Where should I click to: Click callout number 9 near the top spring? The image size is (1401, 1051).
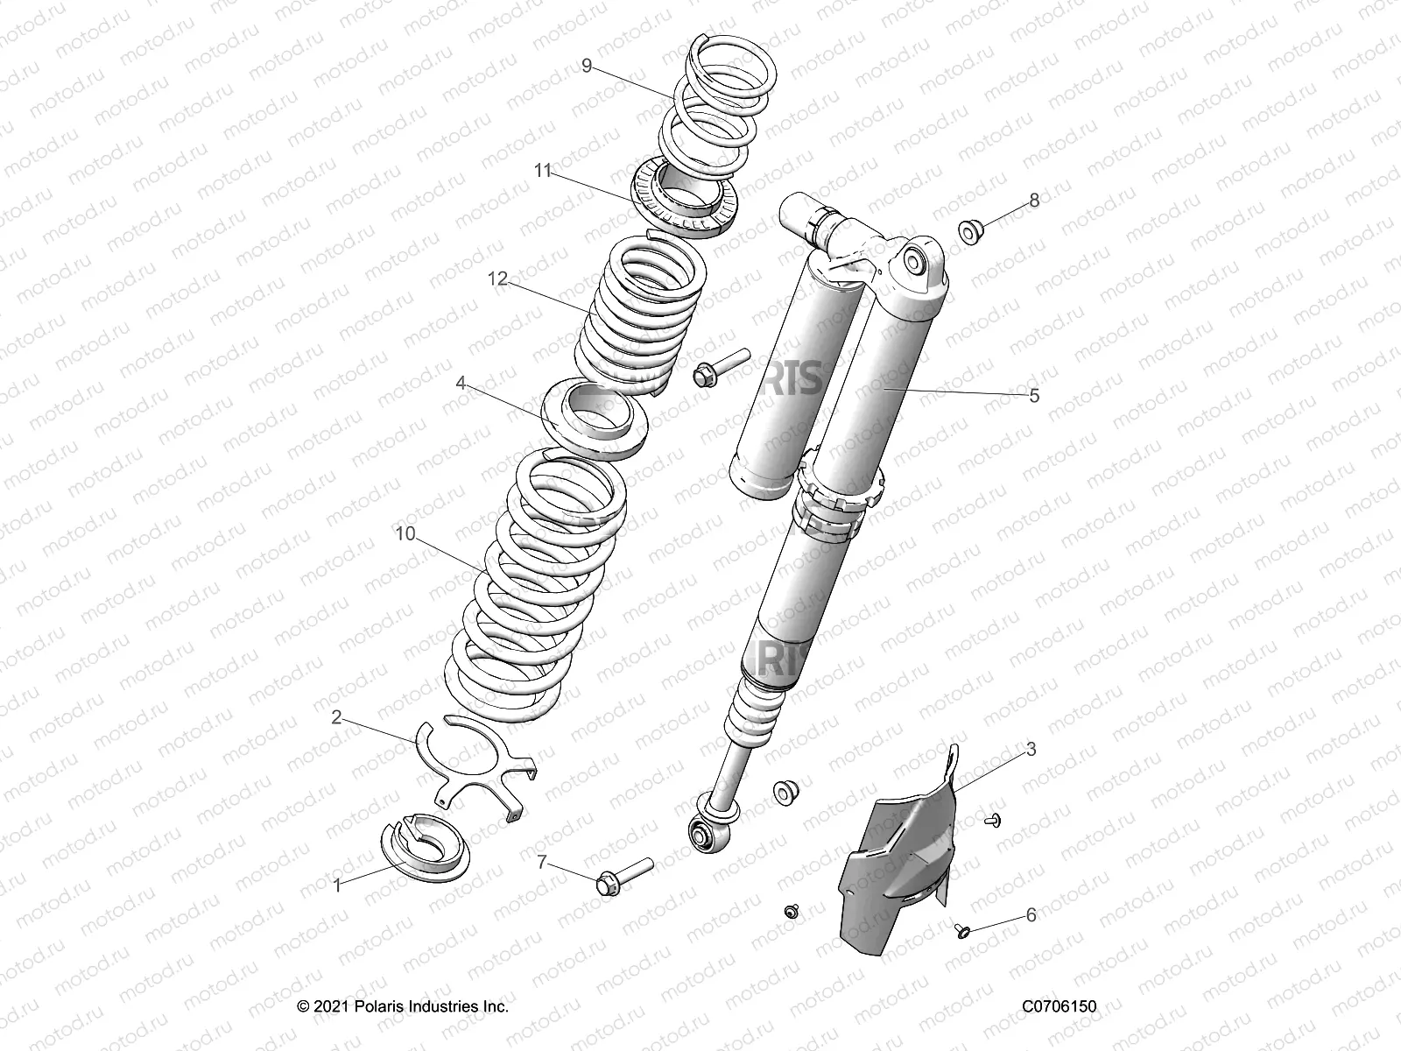586,64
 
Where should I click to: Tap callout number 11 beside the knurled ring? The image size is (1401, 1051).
543,171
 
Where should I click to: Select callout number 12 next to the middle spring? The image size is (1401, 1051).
497,279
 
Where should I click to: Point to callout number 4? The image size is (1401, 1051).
484,383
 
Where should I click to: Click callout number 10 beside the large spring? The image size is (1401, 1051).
405,533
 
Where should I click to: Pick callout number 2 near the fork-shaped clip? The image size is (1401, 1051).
336,717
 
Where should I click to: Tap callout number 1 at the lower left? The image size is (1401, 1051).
337,885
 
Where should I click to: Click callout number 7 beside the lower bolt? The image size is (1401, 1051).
542,863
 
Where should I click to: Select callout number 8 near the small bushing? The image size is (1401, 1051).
1034,200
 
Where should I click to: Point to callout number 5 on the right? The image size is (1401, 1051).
1034,396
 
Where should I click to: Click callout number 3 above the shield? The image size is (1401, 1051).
1031,749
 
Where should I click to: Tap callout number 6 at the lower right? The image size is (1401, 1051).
1031,915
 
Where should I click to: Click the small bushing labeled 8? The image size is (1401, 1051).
970,233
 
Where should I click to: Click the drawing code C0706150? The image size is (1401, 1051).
1059,1007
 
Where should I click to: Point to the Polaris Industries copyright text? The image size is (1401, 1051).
403,1007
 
